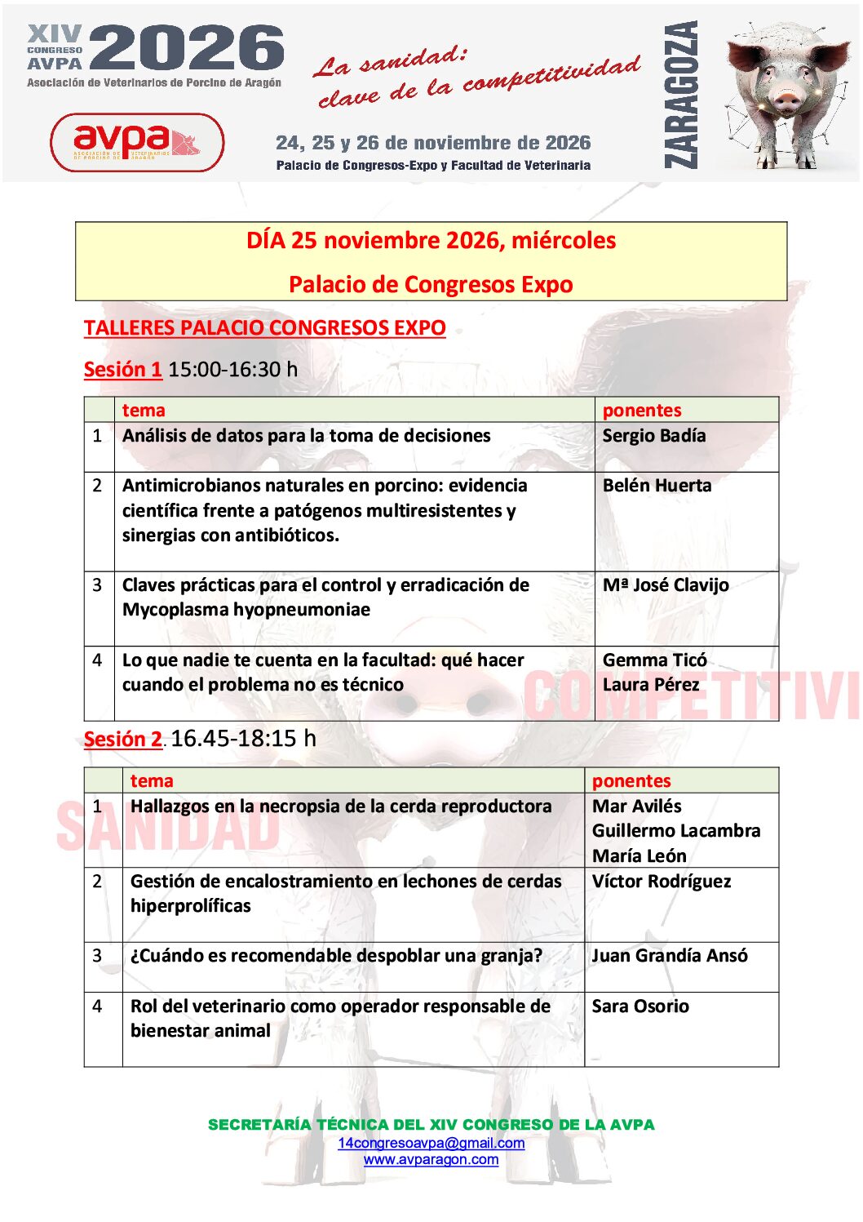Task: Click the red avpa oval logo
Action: click(x=137, y=142)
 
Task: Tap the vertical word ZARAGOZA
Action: click(x=681, y=95)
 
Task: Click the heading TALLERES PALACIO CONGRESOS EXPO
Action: click(x=264, y=328)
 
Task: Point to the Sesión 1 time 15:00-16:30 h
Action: click(x=232, y=370)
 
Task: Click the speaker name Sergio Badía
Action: click(x=653, y=436)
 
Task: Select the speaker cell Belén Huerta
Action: click(x=657, y=486)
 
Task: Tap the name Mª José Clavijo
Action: click(x=666, y=585)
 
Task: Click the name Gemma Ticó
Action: click(x=654, y=660)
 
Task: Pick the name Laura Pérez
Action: click(x=650, y=685)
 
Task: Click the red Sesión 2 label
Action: click(x=122, y=740)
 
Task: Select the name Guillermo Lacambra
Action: click(x=675, y=831)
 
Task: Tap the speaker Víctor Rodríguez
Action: click(x=661, y=882)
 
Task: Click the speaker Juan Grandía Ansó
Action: click(x=669, y=956)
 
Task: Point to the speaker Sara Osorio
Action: click(x=640, y=1006)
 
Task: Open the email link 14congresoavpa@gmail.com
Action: click(x=431, y=1143)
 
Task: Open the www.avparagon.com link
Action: click(x=431, y=1160)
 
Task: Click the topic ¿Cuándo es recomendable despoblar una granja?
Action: click(x=336, y=956)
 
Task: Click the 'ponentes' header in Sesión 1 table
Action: click(x=642, y=411)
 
